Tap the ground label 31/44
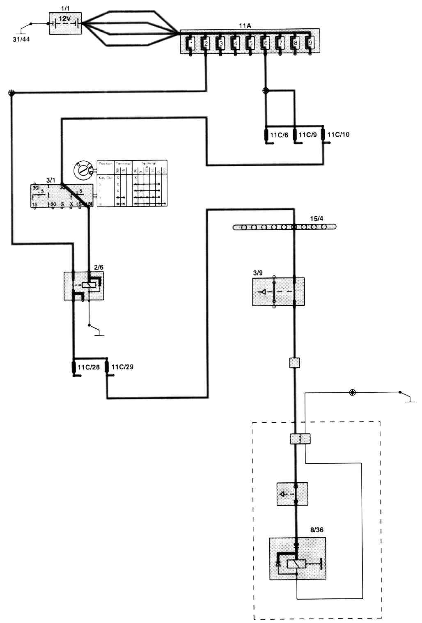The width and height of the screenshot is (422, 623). point(21,39)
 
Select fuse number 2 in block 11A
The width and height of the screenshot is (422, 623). point(206,43)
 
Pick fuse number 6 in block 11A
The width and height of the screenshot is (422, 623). point(265,43)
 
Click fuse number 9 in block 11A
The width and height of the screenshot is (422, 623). point(310,43)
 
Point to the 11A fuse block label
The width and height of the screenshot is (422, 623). point(245,26)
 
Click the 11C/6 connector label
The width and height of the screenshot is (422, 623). point(279,135)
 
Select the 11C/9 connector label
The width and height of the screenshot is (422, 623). point(307,135)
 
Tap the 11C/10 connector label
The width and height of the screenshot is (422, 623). point(338,135)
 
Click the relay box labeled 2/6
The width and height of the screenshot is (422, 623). point(84,286)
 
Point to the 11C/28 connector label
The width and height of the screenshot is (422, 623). point(89,367)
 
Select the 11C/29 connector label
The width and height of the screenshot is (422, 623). point(122,367)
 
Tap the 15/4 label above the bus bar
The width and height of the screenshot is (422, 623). point(316,219)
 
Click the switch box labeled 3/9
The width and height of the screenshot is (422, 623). point(278,292)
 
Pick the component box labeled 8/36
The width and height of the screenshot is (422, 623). point(298,559)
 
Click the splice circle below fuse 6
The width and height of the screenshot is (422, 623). point(265,91)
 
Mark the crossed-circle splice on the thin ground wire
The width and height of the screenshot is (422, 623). point(352,392)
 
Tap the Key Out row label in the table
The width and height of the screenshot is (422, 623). point(105,178)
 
